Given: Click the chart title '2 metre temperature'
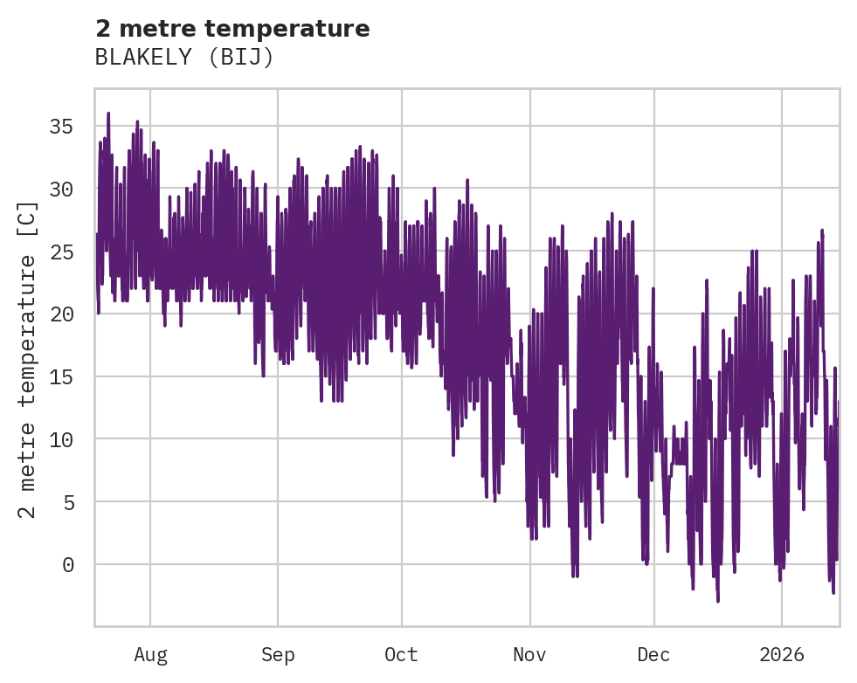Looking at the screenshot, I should tap(232, 29).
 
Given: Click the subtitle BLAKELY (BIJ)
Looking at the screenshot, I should tap(184, 58).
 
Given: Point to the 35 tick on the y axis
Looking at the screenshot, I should tap(62, 127).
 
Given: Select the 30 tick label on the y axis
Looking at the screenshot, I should tap(62, 190).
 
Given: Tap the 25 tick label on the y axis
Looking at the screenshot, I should tap(62, 252).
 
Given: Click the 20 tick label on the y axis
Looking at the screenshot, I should tap(62, 314).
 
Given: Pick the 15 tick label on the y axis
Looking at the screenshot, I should tap(62, 377).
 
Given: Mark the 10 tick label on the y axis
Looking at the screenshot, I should tap(62, 439).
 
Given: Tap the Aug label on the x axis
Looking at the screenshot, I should tap(150, 654).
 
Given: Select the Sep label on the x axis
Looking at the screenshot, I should tap(278, 654).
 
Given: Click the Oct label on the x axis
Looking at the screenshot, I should tap(402, 654).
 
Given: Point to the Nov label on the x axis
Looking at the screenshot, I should tap(529, 654).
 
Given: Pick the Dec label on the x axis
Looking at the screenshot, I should tap(653, 654).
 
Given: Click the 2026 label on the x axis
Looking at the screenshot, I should tap(782, 654).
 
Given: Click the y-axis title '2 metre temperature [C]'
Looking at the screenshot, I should tap(28, 358).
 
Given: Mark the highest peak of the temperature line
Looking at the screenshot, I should tap(108, 113).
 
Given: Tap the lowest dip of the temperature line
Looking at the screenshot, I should tap(718, 601).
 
